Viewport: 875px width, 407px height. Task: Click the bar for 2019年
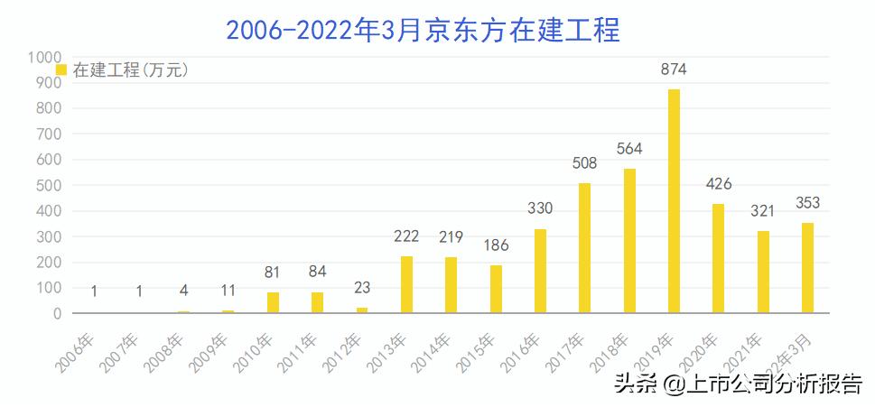(674, 201)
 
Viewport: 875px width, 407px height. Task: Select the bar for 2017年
(584, 248)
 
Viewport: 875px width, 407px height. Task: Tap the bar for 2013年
(406, 284)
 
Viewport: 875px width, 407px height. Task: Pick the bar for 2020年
(718, 258)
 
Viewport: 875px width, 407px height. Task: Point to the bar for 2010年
(273, 302)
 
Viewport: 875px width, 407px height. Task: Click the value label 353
(807, 203)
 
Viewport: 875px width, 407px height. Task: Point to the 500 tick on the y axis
(48, 185)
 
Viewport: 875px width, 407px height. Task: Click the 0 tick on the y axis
(56, 313)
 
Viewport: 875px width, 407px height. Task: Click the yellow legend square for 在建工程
(61, 69)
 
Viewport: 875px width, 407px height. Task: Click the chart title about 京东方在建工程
(424, 29)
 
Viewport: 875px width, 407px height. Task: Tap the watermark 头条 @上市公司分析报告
(737, 384)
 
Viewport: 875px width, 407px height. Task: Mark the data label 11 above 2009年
(228, 291)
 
